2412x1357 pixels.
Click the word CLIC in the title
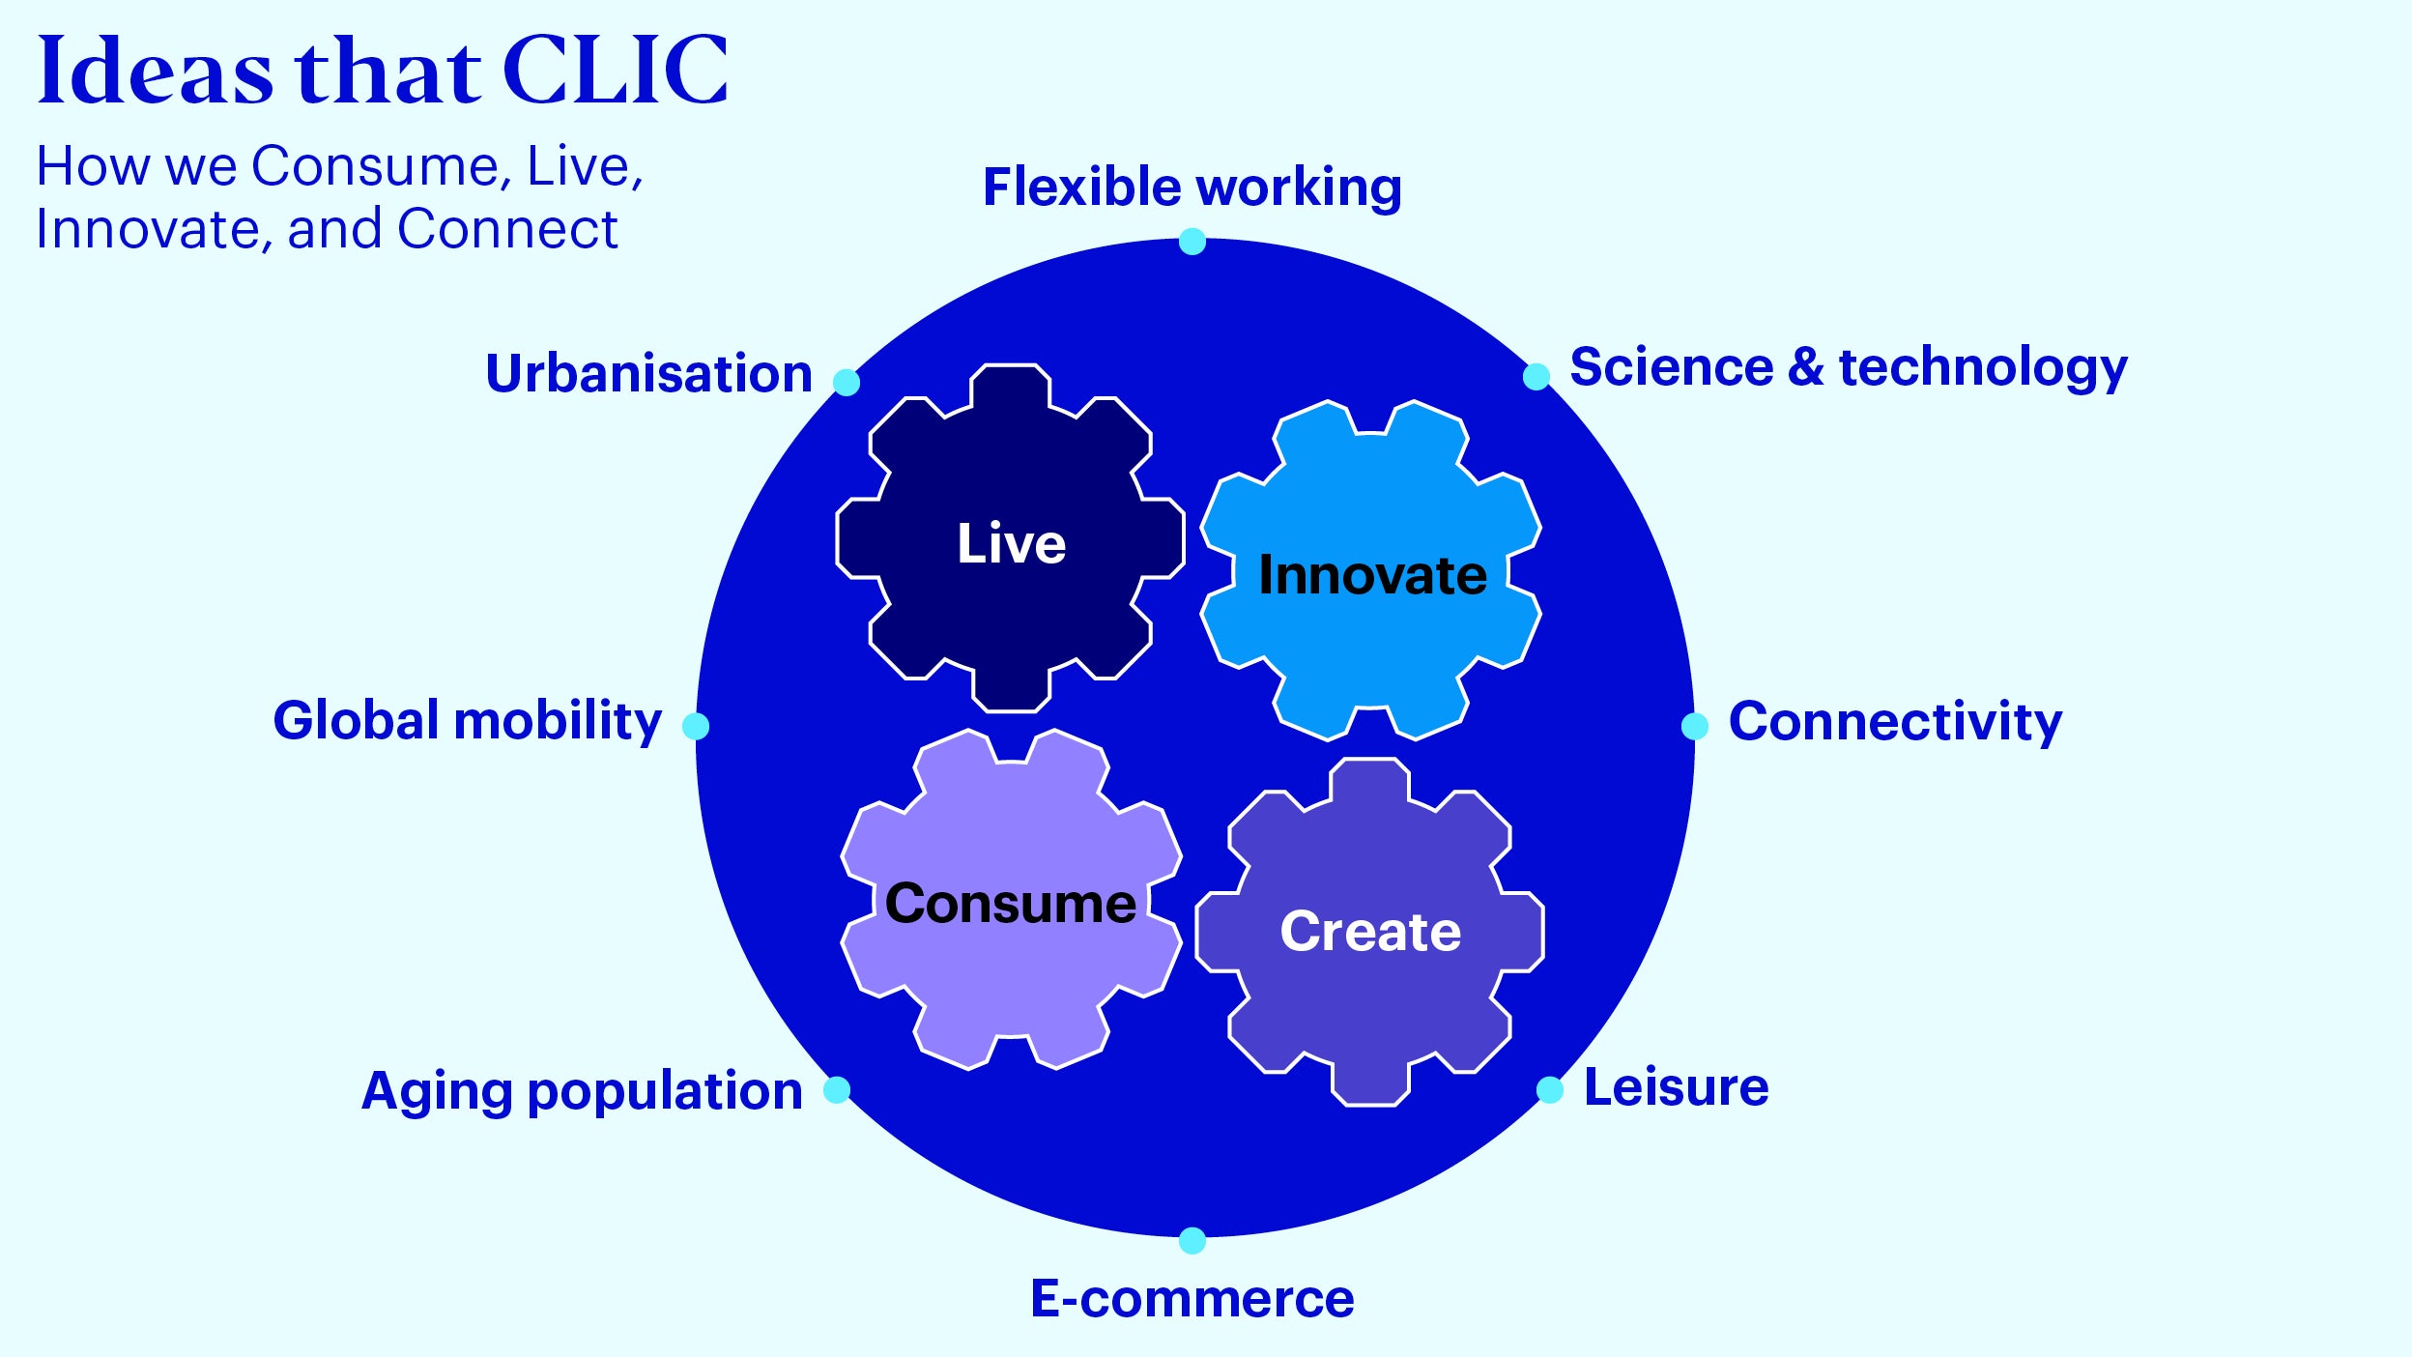[x=616, y=70]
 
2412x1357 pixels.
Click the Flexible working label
[x=1192, y=188]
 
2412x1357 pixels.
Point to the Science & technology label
[x=1848, y=367]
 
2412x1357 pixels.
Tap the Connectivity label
[x=1895, y=721]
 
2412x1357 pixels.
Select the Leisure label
[x=1676, y=1086]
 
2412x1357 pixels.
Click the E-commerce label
[x=1192, y=1298]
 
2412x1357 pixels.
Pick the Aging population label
[x=582, y=1091]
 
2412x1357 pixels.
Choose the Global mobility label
[x=467, y=720]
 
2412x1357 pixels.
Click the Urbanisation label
[x=648, y=373]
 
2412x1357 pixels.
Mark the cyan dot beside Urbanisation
[x=847, y=382]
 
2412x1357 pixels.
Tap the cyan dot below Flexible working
[x=1192, y=242]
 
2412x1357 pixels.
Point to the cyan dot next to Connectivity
[x=1695, y=726]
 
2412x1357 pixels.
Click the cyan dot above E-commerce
[x=1192, y=1240]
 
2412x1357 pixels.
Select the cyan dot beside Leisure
[x=1550, y=1089]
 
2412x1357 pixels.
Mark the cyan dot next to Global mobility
[x=696, y=726]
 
